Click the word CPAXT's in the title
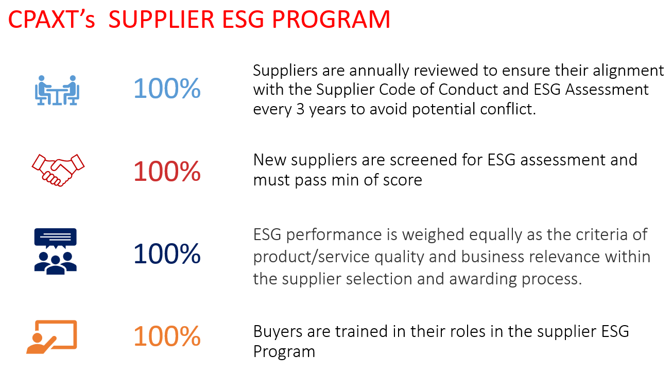tap(51, 20)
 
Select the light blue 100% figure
tap(167, 89)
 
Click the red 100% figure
tap(167, 172)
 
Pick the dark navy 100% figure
tap(167, 254)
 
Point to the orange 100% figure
tap(167, 337)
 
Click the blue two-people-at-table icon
tap(56, 89)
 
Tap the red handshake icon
tap(57, 170)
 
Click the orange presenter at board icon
tap(51, 337)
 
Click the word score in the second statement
tap(402, 180)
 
